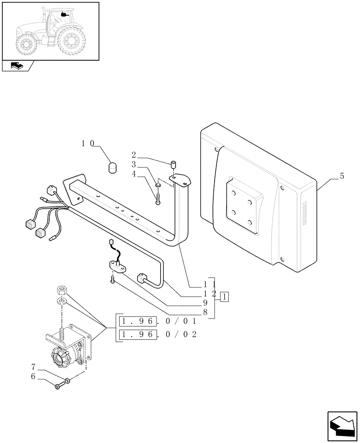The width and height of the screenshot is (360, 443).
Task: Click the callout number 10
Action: (x=88, y=144)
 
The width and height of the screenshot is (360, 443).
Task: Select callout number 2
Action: (x=133, y=155)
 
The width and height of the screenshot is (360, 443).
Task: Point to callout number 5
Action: (x=341, y=176)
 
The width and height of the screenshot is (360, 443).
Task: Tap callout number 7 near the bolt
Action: (x=33, y=367)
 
